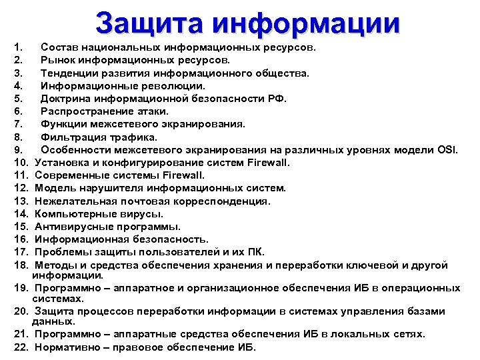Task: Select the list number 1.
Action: pos(17,47)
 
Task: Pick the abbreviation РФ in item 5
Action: pos(277,99)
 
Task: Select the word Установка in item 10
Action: pos(61,163)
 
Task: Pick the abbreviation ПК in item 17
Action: pos(255,252)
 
